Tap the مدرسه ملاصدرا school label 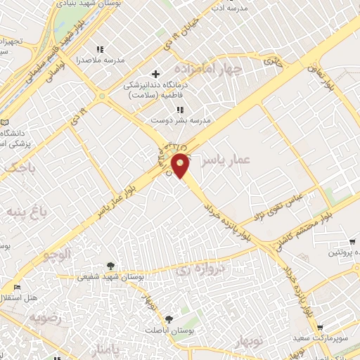[104, 60]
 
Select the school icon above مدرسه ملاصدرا [101, 49]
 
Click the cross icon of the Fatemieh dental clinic [156, 74]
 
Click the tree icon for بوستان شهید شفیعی [111, 266]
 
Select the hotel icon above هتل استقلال [17, 288]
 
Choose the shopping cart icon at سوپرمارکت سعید [321, 328]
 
